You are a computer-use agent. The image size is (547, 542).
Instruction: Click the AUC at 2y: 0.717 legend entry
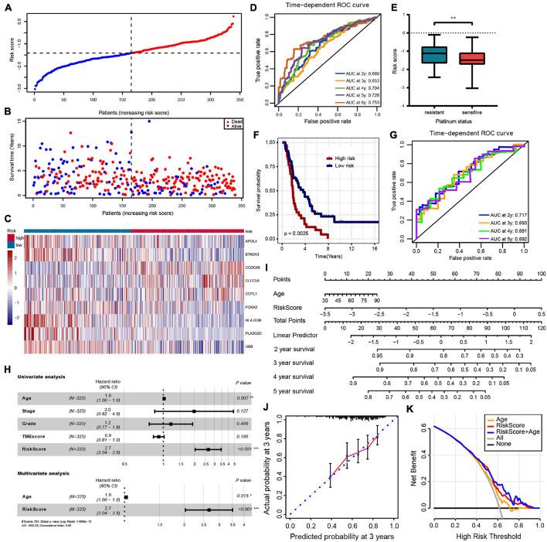tap(503, 194)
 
